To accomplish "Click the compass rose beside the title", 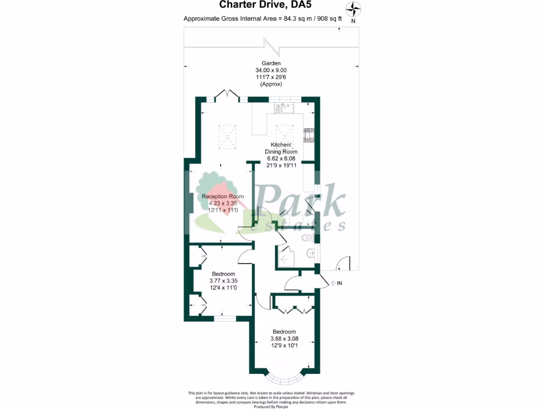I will [353, 9].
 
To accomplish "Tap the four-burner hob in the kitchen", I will [309, 135].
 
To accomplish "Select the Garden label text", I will [270, 63].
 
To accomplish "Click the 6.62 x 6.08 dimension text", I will [281, 159].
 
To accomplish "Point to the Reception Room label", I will [222, 197].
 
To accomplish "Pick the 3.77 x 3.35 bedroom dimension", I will [222, 281].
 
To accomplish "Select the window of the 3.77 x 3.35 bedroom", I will [224, 318].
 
